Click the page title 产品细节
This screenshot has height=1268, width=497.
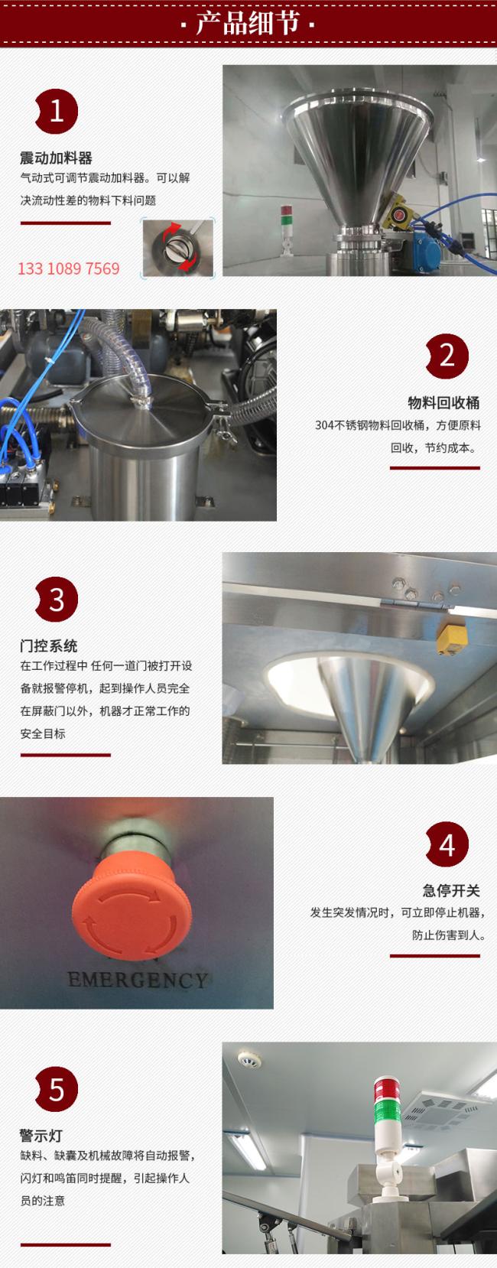(248, 24)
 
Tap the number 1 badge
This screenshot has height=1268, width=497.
(56, 111)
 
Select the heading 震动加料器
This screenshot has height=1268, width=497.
(56, 158)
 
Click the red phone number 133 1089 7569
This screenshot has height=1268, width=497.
(69, 268)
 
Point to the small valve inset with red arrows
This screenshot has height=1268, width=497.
(177, 249)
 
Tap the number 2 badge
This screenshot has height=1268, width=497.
(447, 356)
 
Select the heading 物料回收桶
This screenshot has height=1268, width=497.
(443, 402)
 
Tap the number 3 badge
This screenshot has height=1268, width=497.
(56, 600)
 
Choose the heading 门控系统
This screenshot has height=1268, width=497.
(49, 646)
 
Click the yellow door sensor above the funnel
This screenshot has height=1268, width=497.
(451, 636)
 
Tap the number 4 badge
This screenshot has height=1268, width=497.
(447, 844)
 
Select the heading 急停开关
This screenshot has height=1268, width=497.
(451, 890)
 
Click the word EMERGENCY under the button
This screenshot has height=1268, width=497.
(138, 980)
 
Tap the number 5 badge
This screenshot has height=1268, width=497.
(56, 1089)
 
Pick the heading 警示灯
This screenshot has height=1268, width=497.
(41, 1136)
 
